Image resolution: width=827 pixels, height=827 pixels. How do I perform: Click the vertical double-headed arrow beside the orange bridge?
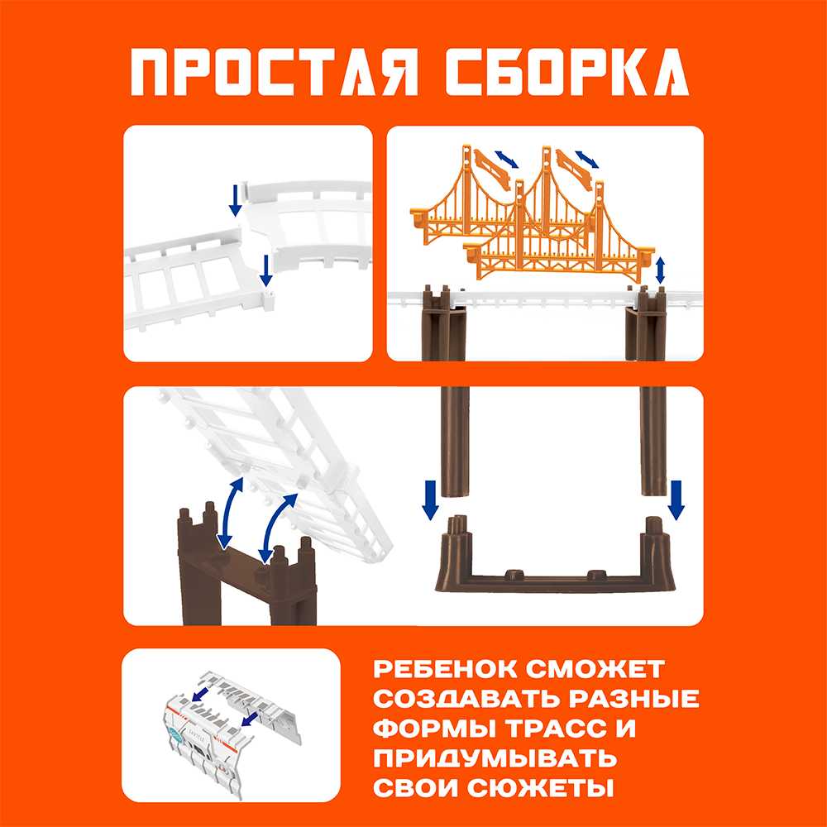click(660, 270)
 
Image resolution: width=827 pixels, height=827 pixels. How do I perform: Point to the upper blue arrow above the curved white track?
click(236, 198)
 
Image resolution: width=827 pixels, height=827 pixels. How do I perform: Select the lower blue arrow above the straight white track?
click(265, 270)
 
